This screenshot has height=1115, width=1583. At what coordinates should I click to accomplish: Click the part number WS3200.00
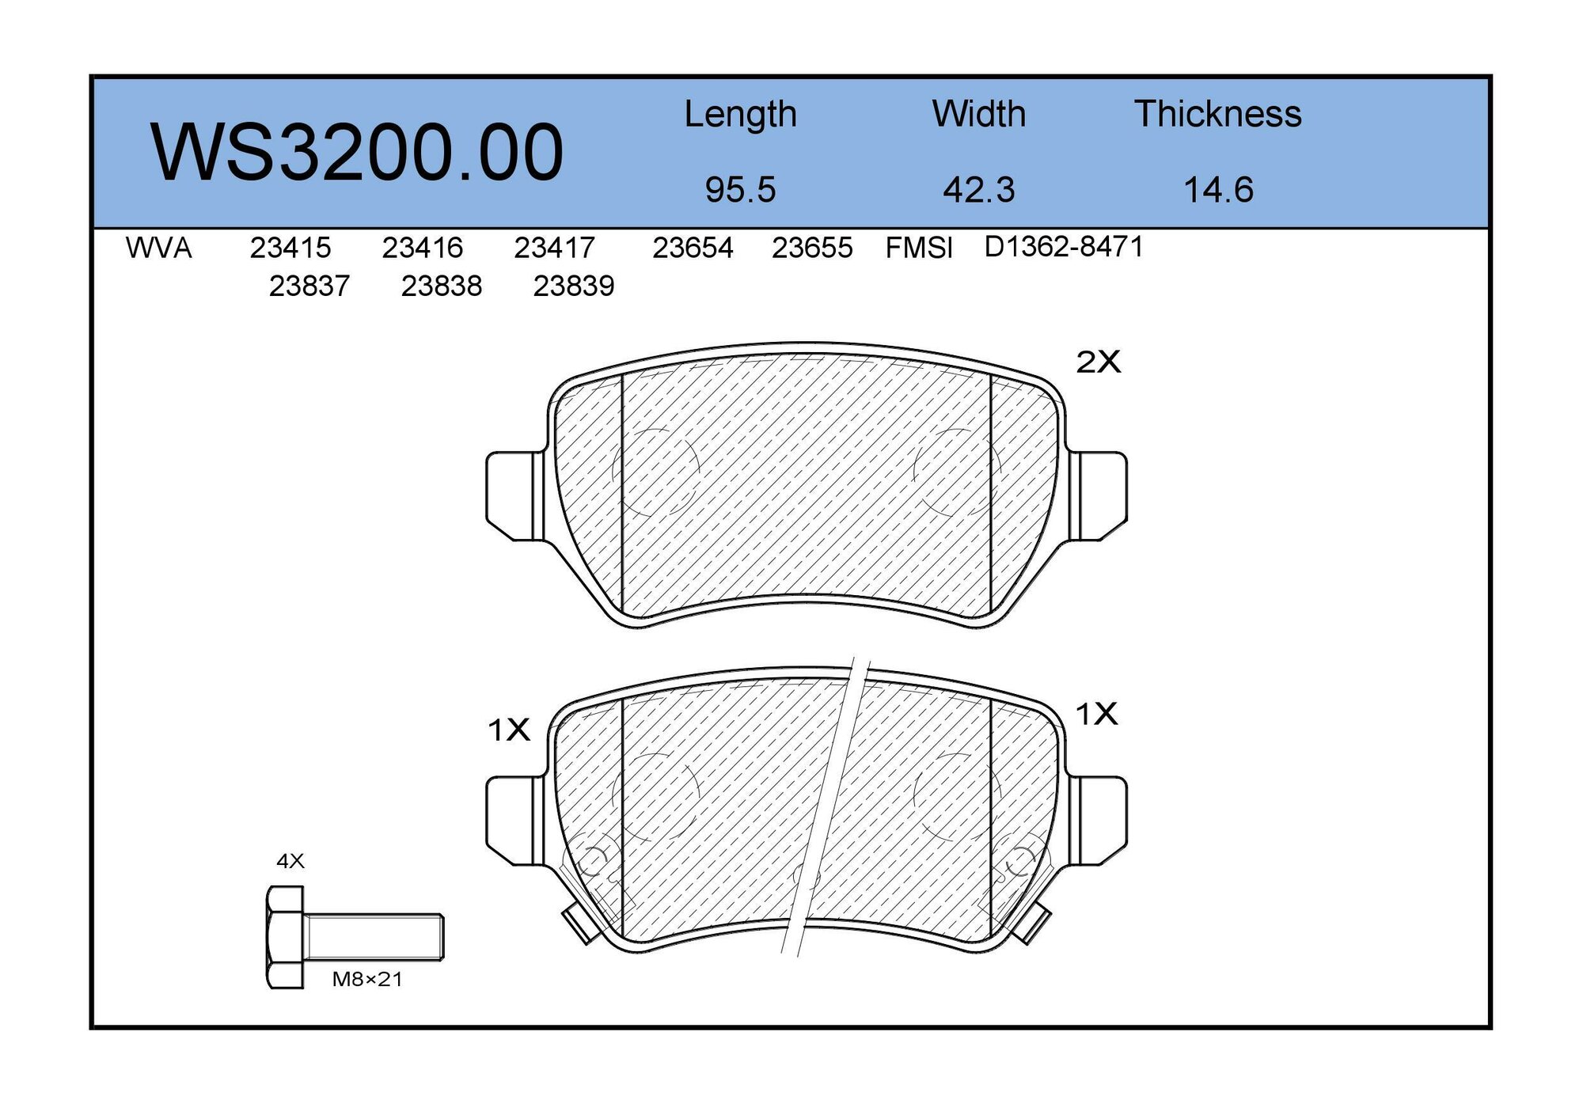357,152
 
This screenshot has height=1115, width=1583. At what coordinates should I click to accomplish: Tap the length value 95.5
740,190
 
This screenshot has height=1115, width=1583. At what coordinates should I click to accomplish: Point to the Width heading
978,114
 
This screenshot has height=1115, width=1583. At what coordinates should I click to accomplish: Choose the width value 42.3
978,190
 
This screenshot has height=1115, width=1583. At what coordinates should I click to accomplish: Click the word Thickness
1217,114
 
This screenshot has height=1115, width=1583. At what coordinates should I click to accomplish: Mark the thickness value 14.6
1218,190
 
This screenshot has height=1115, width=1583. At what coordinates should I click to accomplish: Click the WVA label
158,248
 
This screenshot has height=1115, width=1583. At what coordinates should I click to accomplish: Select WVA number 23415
290,248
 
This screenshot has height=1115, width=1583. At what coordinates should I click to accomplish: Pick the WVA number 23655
812,248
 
